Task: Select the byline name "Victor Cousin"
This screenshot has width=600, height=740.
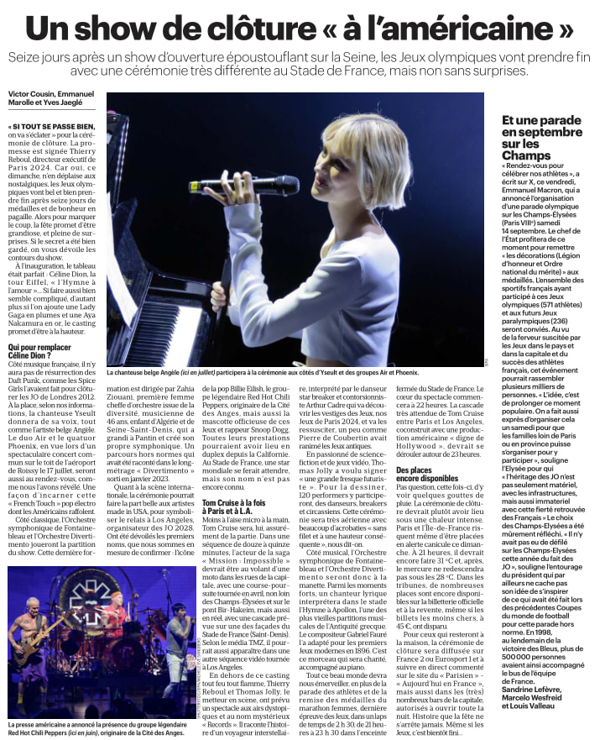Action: pos(32,92)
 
